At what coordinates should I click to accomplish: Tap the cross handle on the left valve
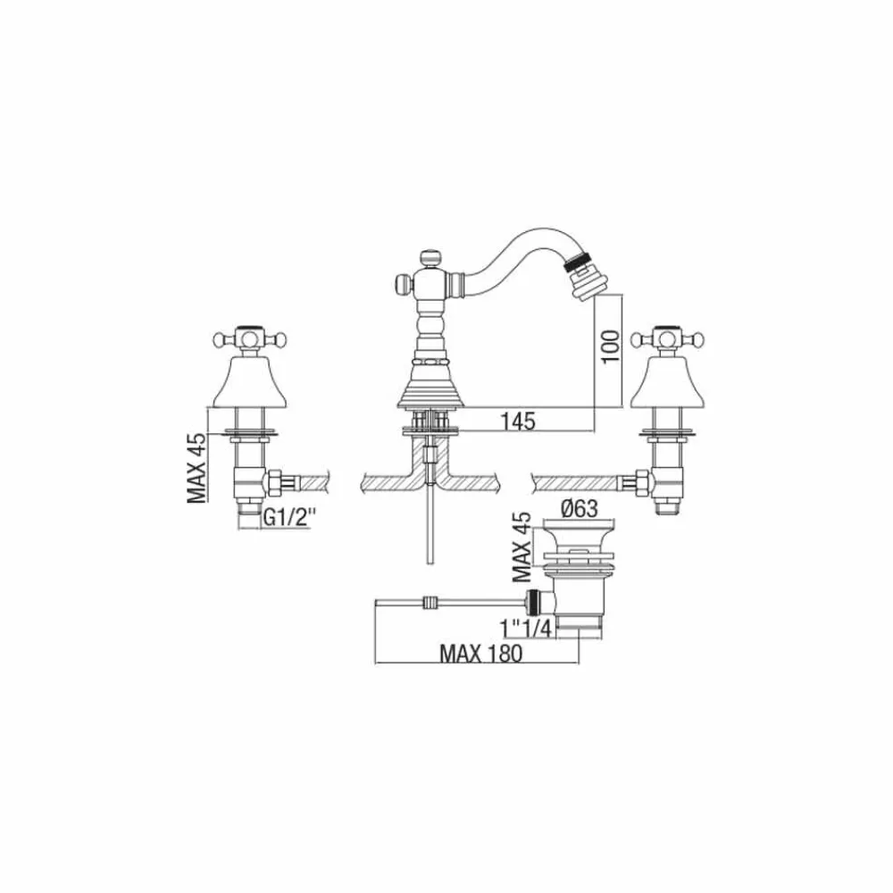coord(242,340)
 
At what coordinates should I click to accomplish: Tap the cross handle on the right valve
coord(666,340)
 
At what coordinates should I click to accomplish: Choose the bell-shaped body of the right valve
coord(666,380)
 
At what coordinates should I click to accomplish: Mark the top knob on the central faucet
coord(432,259)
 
